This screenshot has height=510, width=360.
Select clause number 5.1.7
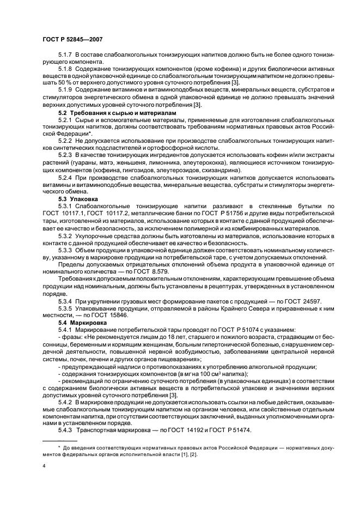(x=65, y=56)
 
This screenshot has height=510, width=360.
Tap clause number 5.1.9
(x=65, y=89)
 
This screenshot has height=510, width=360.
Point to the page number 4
(x=44, y=466)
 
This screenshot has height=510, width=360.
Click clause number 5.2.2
(x=65, y=140)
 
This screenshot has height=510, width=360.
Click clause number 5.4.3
(x=65, y=430)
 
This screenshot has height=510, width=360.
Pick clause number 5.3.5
(x=65, y=308)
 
